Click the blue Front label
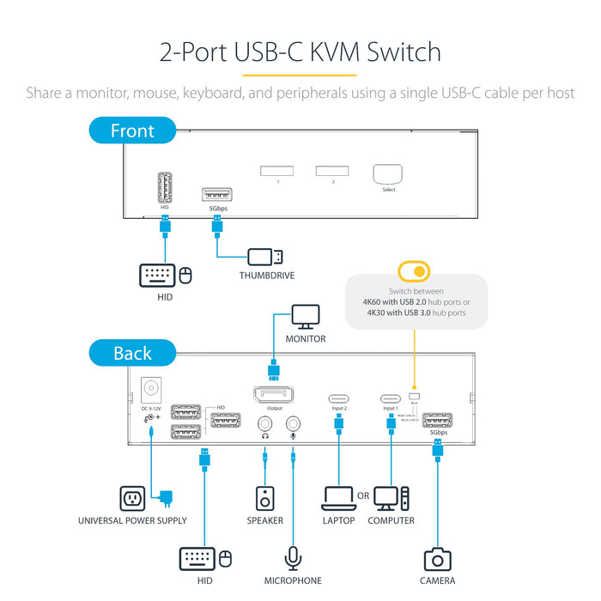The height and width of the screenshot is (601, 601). (x=132, y=131)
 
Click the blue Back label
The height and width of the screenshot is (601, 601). (x=132, y=353)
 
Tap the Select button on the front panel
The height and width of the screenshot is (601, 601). (x=388, y=173)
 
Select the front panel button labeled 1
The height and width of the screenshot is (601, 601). (x=278, y=171)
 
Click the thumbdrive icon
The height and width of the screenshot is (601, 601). (x=264, y=256)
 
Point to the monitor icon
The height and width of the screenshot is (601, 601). (x=306, y=317)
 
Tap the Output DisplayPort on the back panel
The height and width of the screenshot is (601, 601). (x=274, y=395)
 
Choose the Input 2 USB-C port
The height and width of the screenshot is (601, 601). (x=340, y=398)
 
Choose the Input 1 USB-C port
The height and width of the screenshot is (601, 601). (x=391, y=398)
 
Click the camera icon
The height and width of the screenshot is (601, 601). (x=437, y=559)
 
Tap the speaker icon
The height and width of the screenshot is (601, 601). (x=265, y=498)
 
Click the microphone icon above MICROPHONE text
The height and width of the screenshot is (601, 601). (x=294, y=557)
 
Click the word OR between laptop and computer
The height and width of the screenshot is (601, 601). (x=364, y=496)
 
